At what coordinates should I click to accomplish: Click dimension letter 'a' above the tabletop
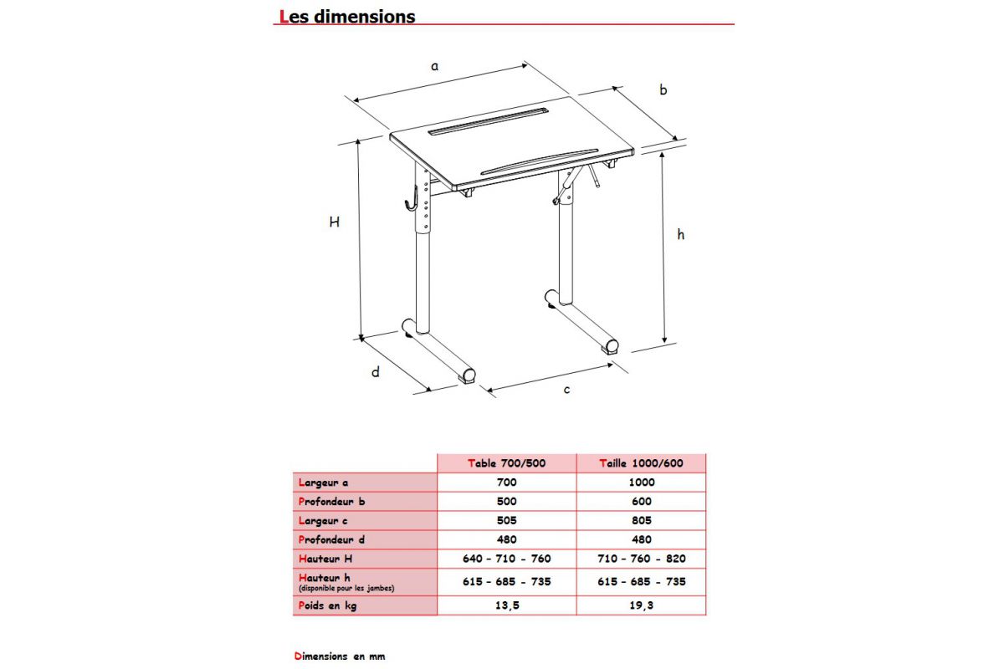click(x=434, y=65)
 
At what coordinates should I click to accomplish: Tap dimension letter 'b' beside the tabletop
click(x=663, y=89)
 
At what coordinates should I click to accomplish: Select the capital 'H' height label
click(x=335, y=222)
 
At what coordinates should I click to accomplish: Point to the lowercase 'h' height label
click(x=681, y=235)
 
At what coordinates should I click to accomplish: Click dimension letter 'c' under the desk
click(x=566, y=390)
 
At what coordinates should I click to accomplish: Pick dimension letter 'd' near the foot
click(x=376, y=372)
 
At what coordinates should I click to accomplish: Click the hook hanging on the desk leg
click(x=410, y=194)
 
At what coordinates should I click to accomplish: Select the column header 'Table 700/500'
click(x=507, y=463)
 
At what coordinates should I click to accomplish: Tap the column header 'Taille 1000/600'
click(x=640, y=463)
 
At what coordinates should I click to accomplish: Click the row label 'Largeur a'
click(x=323, y=483)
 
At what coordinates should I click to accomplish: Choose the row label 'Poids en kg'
click(x=327, y=605)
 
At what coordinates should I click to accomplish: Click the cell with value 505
click(x=507, y=520)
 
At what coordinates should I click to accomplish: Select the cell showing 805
click(x=641, y=520)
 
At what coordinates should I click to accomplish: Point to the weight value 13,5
click(x=507, y=605)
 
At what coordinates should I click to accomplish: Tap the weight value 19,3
click(x=641, y=605)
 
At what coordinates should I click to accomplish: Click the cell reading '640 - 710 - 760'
click(x=507, y=559)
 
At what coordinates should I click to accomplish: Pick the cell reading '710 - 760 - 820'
click(x=641, y=559)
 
